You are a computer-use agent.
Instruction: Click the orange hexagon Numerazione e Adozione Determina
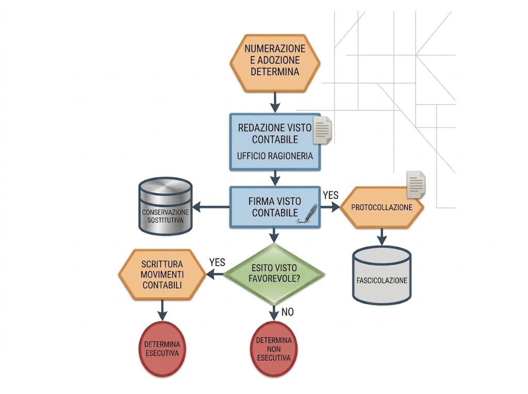(275, 63)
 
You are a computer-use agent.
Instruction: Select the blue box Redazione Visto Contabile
(275, 142)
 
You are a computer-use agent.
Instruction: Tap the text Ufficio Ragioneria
(275, 156)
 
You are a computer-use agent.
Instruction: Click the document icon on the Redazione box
(322, 130)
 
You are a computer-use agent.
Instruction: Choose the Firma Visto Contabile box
(275, 207)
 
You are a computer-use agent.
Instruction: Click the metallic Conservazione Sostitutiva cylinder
(166, 206)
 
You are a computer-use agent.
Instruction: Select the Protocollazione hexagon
(382, 207)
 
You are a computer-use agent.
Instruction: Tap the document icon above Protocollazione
(416, 185)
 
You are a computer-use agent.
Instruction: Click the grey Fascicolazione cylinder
(382, 275)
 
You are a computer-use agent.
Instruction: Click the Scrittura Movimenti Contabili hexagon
(162, 275)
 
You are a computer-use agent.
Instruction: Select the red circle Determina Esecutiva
(162, 349)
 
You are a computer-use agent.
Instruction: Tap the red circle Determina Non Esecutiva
(274, 349)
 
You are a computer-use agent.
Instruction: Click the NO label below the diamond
(288, 312)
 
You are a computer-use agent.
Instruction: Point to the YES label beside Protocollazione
(331, 195)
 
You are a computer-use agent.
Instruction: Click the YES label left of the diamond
(217, 263)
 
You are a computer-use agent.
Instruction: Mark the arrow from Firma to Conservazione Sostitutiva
(211, 207)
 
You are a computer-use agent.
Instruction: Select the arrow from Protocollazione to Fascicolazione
(382, 236)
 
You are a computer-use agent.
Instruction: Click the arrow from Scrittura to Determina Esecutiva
(162, 310)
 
